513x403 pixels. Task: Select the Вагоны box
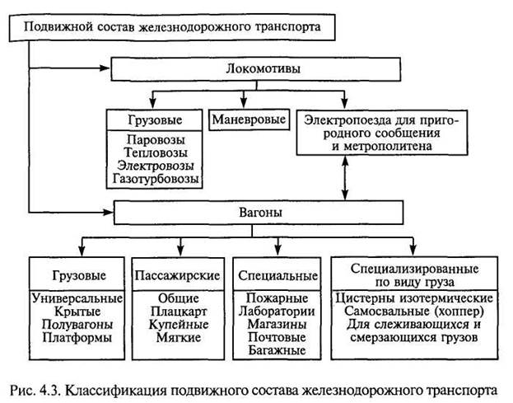(x=259, y=213)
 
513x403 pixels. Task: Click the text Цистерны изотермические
(x=416, y=298)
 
